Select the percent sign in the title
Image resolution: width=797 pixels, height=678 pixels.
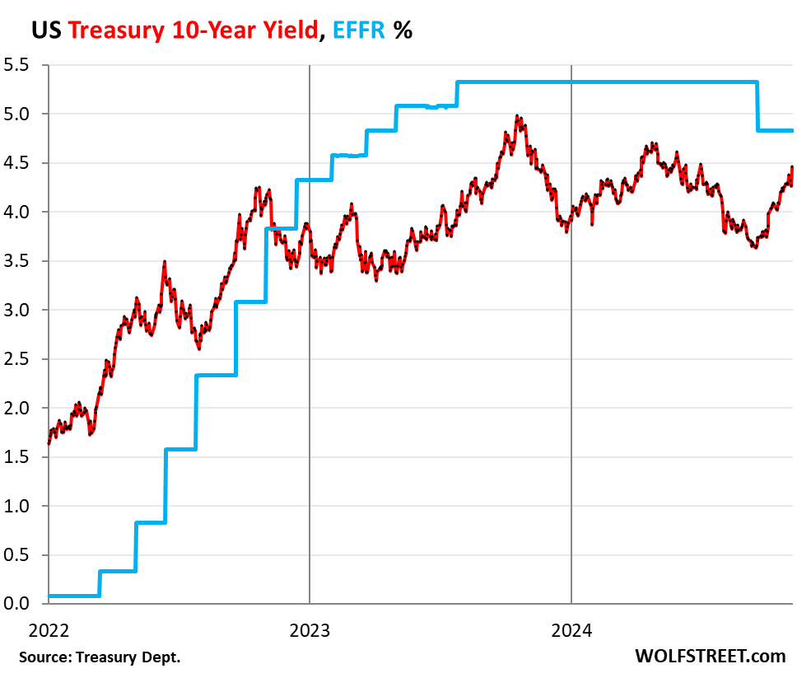pyautogui.click(x=403, y=30)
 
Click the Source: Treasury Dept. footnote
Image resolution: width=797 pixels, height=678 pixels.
pyautogui.click(x=98, y=657)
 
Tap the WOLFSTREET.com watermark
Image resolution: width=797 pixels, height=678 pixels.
pyautogui.click(x=711, y=657)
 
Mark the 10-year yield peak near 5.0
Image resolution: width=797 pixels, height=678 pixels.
pyautogui.click(x=517, y=117)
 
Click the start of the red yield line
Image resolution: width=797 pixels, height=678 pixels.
pyautogui.click(x=49, y=443)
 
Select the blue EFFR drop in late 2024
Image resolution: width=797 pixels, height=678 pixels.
pyautogui.click(x=757, y=105)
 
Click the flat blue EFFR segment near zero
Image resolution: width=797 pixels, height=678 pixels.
pyautogui.click(x=73, y=596)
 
